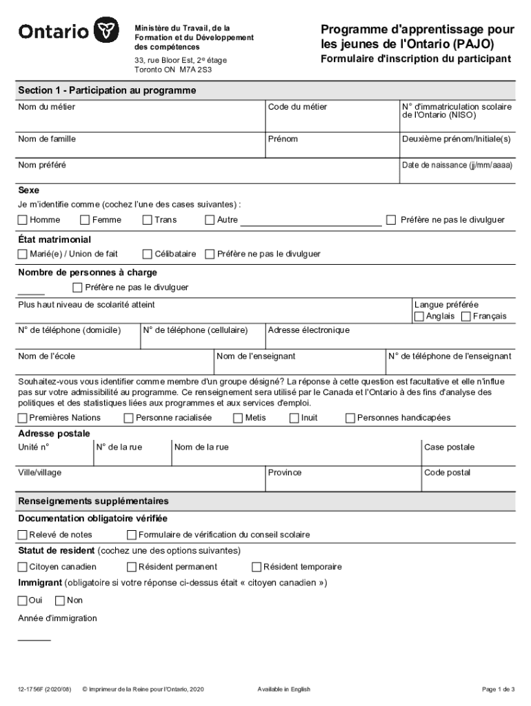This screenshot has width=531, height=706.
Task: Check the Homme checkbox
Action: pos(23,220)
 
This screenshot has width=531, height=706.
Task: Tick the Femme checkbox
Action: pos(85,220)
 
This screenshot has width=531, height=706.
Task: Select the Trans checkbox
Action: pos(148,220)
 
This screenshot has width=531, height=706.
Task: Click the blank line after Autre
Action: pos(310,221)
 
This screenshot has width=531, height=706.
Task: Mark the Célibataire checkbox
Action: pos(148,254)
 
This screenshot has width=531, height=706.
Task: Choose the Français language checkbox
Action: pos(465,316)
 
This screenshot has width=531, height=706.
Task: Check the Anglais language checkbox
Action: pos(419,316)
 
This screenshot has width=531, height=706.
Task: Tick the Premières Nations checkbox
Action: pos(23,418)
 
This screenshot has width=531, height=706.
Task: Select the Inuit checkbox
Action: pos(294,418)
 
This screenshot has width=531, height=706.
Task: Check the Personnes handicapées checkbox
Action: pos(350,418)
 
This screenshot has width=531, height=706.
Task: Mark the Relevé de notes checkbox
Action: pos(23,535)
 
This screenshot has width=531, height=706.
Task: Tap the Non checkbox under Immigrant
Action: pos(60,601)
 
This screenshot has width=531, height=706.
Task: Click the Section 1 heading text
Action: pos(107,90)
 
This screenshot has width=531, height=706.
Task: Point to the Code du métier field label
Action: pos(297,107)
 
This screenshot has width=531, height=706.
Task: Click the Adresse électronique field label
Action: pos(308,330)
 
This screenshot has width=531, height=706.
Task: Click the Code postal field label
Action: pos(447,472)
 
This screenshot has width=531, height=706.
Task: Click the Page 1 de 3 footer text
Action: pos(498,689)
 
